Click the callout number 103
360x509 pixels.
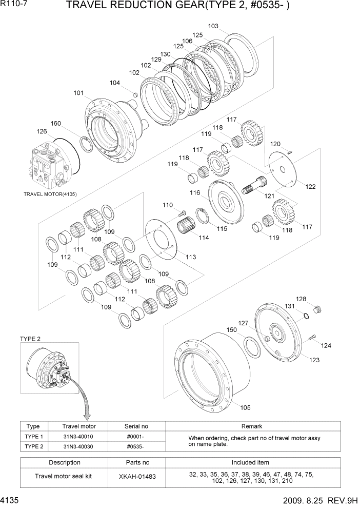coord(213,26)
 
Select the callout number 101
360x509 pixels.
coord(78,93)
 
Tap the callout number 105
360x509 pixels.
coord(245,407)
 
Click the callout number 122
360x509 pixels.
coord(310,187)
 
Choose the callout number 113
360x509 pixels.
coord(191,257)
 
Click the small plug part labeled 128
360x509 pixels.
coord(317,309)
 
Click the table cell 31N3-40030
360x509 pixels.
coord(78,446)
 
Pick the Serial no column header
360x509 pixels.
coord(136,426)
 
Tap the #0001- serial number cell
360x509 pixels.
coord(136,437)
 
